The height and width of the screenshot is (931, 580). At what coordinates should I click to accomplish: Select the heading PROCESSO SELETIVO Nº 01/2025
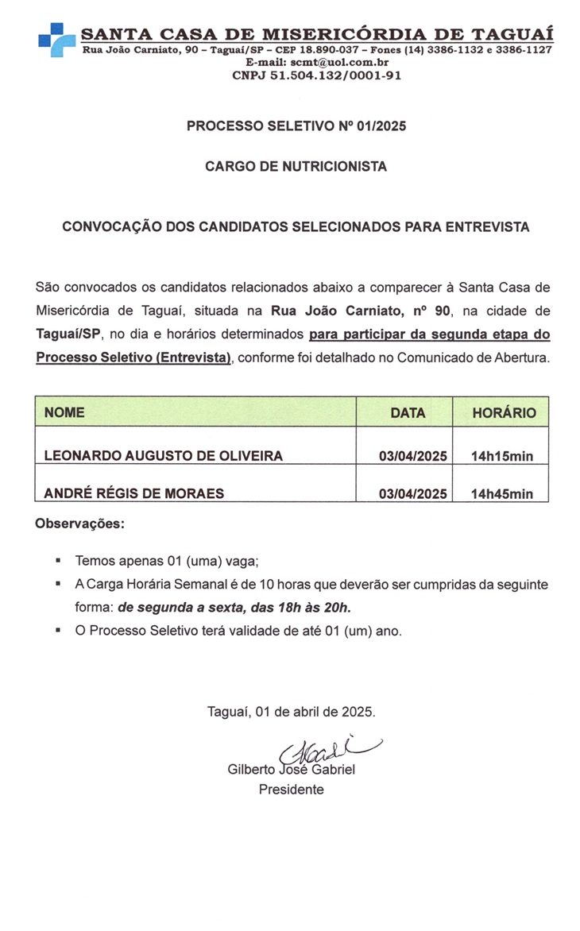click(296, 126)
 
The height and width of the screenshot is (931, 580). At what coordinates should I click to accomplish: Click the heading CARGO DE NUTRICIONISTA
click(296, 167)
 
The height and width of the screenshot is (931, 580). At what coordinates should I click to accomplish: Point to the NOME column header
click(64, 413)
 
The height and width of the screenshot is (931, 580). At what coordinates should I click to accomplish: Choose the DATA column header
click(408, 413)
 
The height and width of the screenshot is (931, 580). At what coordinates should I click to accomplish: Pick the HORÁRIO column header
click(504, 413)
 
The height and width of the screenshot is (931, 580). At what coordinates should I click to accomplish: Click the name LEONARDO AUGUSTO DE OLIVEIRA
click(164, 456)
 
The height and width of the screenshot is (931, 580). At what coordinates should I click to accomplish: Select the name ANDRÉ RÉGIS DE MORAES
click(134, 493)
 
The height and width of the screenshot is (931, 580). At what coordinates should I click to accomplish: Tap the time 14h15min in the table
click(501, 456)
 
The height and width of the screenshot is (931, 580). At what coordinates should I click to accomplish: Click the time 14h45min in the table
click(501, 494)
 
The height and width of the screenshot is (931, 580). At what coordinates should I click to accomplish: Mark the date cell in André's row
click(413, 494)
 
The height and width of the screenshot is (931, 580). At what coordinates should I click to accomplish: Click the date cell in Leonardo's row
click(413, 456)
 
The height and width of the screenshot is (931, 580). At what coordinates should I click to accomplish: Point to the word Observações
click(80, 524)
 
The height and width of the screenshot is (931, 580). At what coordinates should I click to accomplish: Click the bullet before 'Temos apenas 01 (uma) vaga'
click(59, 560)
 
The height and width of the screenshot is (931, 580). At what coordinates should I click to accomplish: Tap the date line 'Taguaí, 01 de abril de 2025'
click(291, 711)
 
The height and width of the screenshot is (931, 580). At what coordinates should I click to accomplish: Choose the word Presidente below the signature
click(291, 790)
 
